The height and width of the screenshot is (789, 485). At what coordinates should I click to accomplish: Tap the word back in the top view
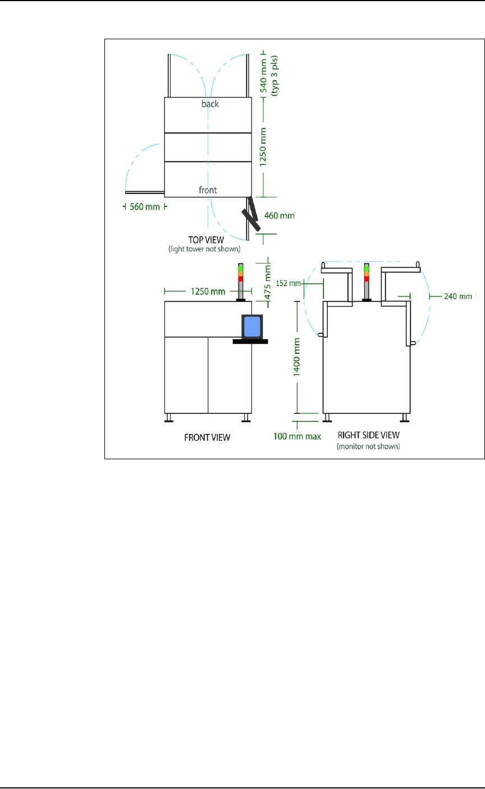coord(210,104)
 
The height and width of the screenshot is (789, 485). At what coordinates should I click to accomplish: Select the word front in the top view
coord(208,190)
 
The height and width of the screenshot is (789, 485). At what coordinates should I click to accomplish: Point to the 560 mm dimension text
coord(145,206)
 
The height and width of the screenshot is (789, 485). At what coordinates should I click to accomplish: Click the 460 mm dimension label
coord(279,215)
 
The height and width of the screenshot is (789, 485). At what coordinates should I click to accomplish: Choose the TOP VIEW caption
coord(207,239)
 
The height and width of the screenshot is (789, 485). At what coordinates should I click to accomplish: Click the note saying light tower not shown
coord(207,248)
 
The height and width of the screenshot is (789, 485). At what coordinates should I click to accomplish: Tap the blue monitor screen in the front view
coord(252,326)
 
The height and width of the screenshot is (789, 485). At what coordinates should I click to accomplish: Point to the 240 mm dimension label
coord(457,296)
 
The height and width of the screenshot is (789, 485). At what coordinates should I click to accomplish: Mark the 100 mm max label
coord(298,436)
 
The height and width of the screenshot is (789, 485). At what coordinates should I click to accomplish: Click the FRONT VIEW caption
coord(207,437)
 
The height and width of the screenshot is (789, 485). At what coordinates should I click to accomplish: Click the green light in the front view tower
coord(240,269)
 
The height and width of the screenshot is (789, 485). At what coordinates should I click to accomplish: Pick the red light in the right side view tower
coord(367,278)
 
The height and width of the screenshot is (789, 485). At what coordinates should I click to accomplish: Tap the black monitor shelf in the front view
coord(250,341)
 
